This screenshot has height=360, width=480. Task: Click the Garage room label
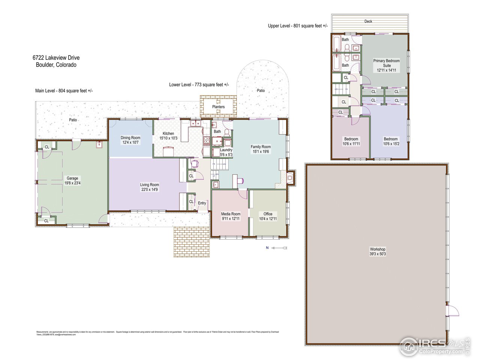tap(72, 178)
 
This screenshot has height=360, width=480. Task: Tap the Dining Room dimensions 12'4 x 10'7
tap(130, 142)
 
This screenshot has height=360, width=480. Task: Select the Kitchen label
tap(168, 133)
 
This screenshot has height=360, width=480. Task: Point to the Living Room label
tap(149, 184)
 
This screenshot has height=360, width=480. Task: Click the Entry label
tap(202, 203)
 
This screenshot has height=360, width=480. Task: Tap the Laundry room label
tap(226, 150)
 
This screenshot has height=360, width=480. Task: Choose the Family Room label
tap(261, 147)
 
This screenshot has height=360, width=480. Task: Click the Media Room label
tap(231, 214)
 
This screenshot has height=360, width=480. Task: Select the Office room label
tap(268, 214)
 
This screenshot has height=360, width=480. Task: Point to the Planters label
tap(218, 107)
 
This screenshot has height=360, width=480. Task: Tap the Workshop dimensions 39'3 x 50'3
tap(378, 254)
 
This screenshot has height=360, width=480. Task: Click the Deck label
tap(368, 21)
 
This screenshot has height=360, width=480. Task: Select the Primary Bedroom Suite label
tap(386, 63)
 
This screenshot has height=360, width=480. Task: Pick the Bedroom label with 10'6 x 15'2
tap(390, 139)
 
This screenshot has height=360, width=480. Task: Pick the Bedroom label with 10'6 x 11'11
tap(351, 139)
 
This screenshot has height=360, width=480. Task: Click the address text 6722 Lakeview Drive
tap(56, 58)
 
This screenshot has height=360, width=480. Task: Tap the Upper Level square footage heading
tap(298, 26)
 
